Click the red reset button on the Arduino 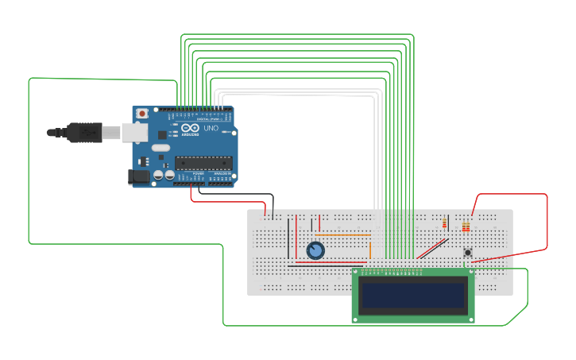point(142,114)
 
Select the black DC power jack point(139,176)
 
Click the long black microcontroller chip point(203,163)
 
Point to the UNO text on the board point(211,128)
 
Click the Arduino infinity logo point(190,127)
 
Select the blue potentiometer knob point(315,250)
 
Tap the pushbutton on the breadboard point(468,253)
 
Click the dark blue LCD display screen point(413,296)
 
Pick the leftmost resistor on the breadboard point(444,224)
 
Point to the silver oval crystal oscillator point(161,148)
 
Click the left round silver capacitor point(159,174)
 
